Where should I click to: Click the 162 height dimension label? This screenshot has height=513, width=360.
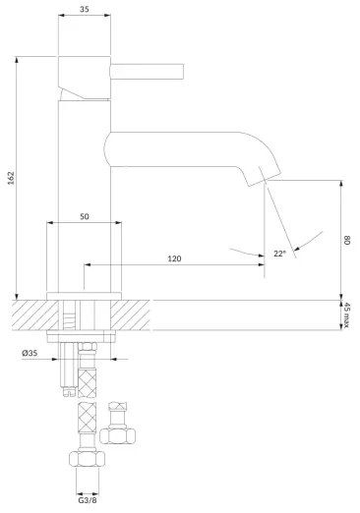point(12,178)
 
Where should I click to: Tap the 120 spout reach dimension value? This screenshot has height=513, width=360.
point(174,258)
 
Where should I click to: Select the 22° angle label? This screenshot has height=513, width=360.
point(279,254)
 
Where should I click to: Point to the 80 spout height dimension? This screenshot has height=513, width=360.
point(347,240)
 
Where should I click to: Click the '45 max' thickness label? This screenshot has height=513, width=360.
point(346,315)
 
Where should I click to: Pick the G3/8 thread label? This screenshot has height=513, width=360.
point(88,500)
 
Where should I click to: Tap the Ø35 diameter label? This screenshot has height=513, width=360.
point(30,353)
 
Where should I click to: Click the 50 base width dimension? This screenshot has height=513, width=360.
point(85,216)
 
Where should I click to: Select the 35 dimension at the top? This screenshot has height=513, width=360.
point(85,9)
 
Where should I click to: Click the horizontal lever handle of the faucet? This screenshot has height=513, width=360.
point(147,72)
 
